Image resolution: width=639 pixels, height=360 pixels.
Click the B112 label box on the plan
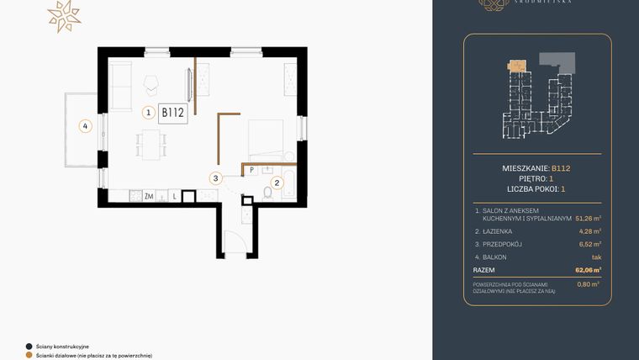tap(172, 112)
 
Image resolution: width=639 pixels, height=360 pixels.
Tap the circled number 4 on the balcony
tap(83, 127)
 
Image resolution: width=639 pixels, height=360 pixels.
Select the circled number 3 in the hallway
tap(216, 178)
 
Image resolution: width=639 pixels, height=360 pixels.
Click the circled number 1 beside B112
tap(148, 112)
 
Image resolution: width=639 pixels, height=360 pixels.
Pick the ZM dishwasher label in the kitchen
tap(149, 196)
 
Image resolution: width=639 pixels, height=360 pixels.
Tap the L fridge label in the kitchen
tap(173, 196)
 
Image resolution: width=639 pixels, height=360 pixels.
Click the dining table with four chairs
tap(151, 144)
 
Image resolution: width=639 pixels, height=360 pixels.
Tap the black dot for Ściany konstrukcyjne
tap(29, 346)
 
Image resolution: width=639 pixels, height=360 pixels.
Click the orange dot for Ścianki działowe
tap(29, 355)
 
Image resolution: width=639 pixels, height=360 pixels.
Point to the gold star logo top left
tap(63, 16)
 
